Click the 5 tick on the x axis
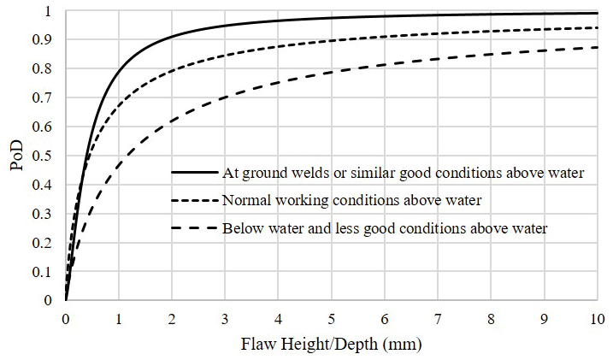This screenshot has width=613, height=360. point(331,316)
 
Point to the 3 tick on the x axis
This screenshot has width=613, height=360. point(225,316)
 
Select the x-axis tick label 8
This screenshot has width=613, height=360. point(490,316)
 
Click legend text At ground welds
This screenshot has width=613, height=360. point(403,173)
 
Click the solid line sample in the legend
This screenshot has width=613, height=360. point(194,173)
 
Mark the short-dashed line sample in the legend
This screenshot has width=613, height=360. point(194,201)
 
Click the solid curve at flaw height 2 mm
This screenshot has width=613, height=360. point(172,37)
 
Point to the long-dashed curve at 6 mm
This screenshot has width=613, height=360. point(384,65)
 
